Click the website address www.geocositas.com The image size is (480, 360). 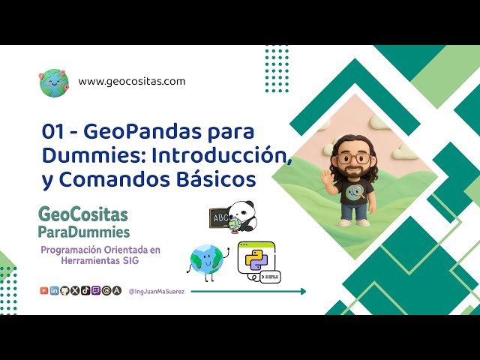(x=131, y=81)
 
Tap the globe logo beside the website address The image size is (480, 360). (x=54, y=82)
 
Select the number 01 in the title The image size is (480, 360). (x=52, y=132)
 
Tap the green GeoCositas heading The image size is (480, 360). (x=82, y=216)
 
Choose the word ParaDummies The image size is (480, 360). (x=83, y=232)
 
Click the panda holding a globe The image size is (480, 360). (x=241, y=216)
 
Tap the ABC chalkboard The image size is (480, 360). (x=223, y=218)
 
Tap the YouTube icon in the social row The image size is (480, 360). (x=44, y=291)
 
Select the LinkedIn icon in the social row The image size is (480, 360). (x=55, y=291)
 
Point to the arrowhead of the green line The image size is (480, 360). (x=302, y=291)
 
